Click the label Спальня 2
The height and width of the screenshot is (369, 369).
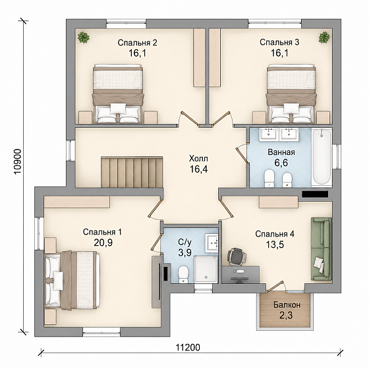click(x=138, y=43)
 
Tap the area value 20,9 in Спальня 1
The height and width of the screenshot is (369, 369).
click(x=103, y=242)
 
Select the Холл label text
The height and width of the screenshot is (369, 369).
click(x=198, y=159)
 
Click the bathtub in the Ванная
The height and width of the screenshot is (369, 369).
click(x=322, y=157)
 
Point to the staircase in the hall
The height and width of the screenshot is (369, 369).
click(x=132, y=172)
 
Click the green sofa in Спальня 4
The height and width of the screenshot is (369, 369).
click(x=322, y=249)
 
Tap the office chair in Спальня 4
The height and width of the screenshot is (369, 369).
click(x=237, y=256)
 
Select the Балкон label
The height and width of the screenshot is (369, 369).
click(x=287, y=305)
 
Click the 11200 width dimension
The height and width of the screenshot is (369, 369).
click(x=188, y=347)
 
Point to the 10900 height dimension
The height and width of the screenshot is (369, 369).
click(x=18, y=161)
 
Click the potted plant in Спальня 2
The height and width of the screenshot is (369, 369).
click(x=84, y=38)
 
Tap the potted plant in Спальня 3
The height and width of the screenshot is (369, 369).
click(x=324, y=38)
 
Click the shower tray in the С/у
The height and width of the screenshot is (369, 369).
click(x=206, y=270)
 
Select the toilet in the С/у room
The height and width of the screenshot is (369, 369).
click(x=183, y=274)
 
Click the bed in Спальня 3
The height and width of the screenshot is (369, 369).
click(x=291, y=94)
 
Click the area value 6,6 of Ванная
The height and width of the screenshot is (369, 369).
click(x=281, y=163)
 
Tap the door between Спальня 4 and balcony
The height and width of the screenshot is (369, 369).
click(x=275, y=287)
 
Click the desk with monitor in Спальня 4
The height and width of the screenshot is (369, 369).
click(x=241, y=275)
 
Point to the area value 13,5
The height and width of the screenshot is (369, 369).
click(x=275, y=244)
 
